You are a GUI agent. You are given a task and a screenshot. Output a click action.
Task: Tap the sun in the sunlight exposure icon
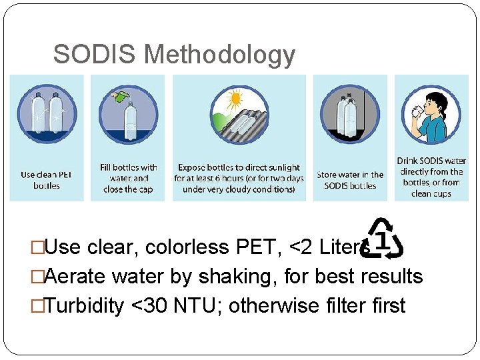pos(234,101)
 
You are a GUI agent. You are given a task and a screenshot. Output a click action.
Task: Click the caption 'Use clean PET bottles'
pos(47,180)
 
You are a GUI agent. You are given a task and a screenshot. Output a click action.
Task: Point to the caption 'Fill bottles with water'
pos(128,173)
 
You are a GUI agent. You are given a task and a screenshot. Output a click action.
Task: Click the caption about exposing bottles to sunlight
pos(239,178)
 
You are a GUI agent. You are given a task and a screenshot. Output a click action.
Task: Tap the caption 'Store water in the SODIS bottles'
pos(350,180)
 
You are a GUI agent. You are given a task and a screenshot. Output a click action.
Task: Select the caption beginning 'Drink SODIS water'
pos(431,177)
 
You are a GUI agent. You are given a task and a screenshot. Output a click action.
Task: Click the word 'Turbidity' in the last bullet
pos(84,306)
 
